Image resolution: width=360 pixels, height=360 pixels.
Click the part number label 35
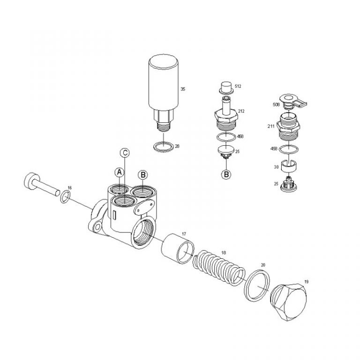point(183,88)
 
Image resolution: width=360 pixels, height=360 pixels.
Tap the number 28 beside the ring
point(177,146)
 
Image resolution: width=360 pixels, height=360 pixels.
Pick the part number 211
point(270,126)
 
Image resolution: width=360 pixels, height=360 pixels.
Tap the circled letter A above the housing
point(120,172)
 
